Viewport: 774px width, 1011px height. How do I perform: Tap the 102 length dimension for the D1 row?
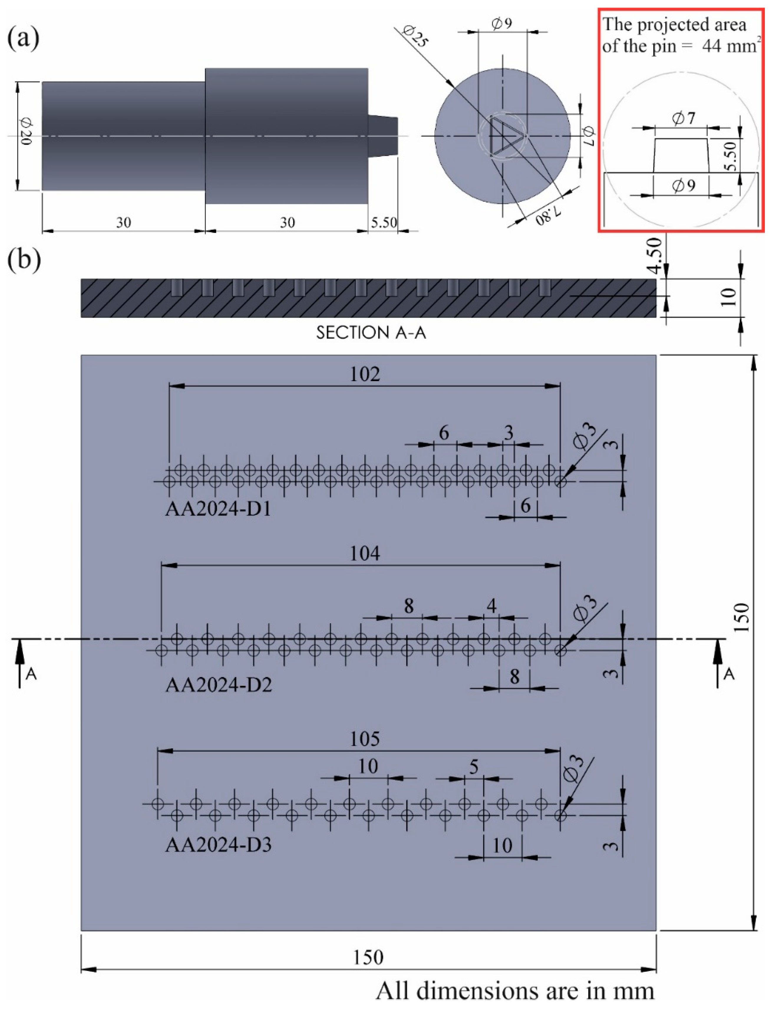(x=365, y=374)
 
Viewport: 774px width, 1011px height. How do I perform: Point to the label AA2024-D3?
(x=218, y=845)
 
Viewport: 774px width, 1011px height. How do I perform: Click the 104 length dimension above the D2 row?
(x=365, y=553)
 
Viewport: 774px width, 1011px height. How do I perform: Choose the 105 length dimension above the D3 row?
(x=365, y=739)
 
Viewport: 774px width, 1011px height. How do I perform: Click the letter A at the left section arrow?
(x=31, y=674)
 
